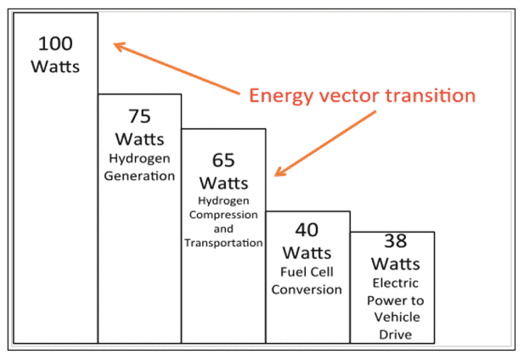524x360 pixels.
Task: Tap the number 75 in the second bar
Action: click(139, 116)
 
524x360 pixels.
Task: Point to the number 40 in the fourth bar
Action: click(307, 231)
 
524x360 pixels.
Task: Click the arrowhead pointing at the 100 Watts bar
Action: click(119, 46)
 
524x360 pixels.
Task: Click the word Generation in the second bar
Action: click(140, 177)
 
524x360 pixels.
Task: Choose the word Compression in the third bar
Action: click(224, 215)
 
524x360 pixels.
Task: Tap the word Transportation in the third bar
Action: click(224, 243)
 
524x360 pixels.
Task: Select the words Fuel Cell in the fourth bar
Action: click(307, 273)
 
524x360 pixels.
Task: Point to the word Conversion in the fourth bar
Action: click(307, 289)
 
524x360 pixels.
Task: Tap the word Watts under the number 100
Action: click(55, 66)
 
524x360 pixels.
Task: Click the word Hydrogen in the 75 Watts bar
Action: click(140, 158)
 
